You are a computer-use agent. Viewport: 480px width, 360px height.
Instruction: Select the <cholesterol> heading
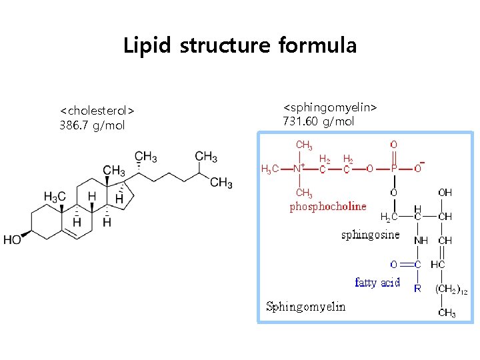[97, 109]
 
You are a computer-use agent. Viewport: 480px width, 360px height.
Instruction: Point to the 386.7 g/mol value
[92, 125]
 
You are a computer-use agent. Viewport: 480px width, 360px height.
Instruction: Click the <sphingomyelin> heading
[330, 107]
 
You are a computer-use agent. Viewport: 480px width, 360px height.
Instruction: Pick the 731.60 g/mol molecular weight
[319, 121]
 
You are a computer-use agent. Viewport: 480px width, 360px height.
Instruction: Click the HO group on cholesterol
[12, 239]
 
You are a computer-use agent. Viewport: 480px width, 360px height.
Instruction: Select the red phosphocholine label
[328, 207]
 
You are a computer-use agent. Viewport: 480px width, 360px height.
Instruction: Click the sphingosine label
[370, 235]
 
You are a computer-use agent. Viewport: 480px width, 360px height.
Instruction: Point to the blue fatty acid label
[377, 283]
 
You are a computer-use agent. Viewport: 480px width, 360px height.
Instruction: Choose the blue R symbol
[417, 289]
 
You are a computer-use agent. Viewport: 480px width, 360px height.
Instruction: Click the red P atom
[394, 169]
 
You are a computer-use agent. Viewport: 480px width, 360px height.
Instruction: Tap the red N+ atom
[300, 169]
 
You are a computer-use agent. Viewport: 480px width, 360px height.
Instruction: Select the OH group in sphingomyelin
[445, 193]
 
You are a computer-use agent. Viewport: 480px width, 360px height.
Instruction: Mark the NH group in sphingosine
[421, 240]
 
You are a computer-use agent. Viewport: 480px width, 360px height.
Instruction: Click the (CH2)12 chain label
[451, 289]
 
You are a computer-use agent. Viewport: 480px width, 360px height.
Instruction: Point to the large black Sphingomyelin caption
[305, 307]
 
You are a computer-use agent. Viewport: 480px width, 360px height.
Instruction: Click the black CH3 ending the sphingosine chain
[446, 313]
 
